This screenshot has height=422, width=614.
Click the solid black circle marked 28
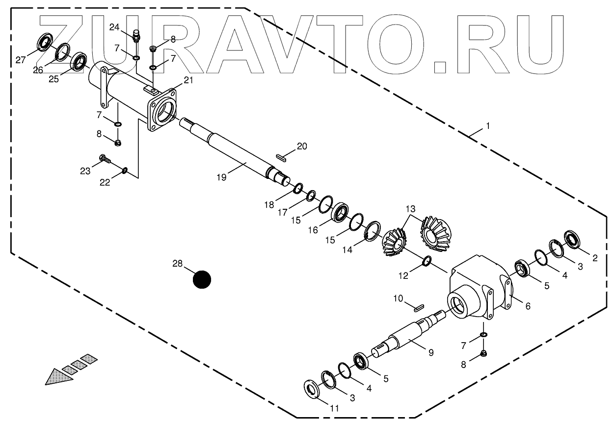coord(201,279)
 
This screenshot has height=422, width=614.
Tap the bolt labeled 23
coord(105,159)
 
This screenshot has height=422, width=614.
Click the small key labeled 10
coord(418,308)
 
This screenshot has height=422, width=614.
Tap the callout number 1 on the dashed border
coord(487,126)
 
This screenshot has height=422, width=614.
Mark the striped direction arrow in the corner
coord(68,368)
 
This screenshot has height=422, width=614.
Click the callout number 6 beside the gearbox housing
coord(528,306)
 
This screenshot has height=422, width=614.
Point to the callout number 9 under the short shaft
coord(430,352)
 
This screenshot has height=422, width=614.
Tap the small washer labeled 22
coord(125,170)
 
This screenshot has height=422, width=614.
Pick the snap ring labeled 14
coord(373,231)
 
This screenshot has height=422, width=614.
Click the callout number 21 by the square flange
coord(188,80)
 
